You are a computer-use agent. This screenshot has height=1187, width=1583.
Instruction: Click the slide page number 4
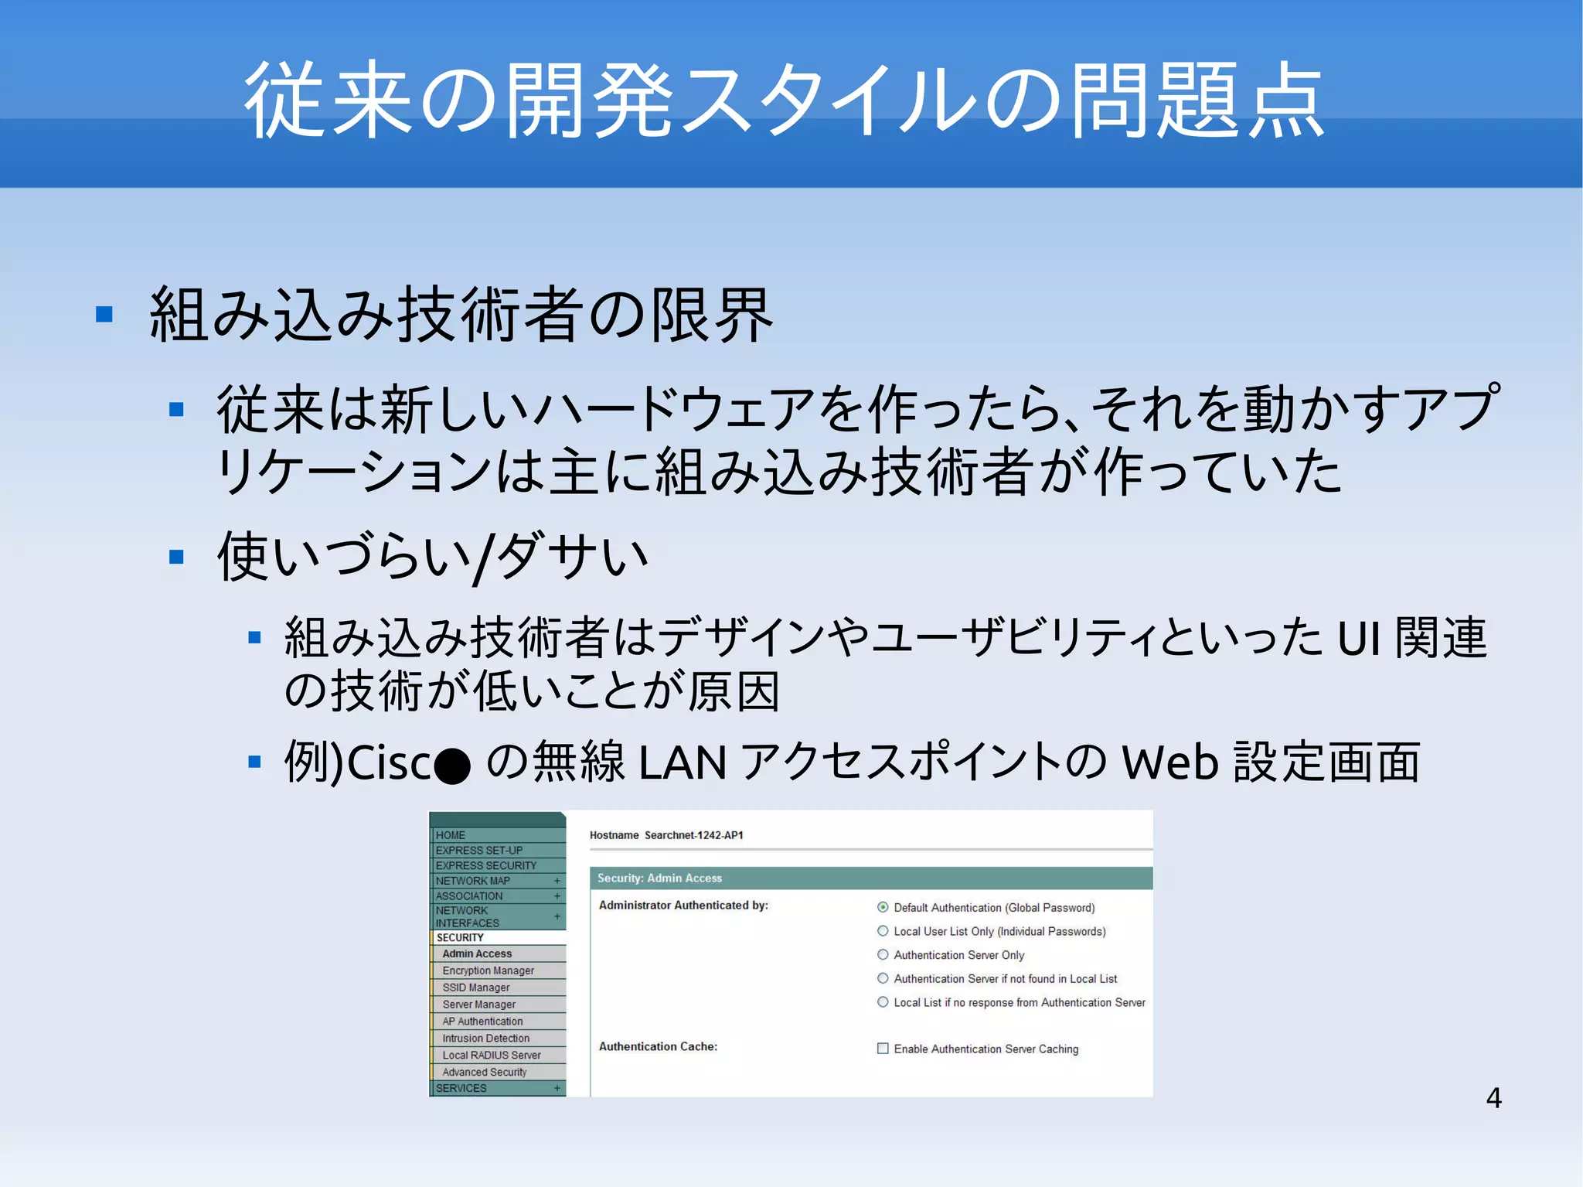point(1493,1098)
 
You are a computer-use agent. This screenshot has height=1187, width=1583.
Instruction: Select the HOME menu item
point(450,835)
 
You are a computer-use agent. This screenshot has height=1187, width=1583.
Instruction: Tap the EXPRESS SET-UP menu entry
point(478,851)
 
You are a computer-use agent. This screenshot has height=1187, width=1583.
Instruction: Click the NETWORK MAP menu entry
point(472,881)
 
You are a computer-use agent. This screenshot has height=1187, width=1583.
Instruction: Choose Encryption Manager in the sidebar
point(488,970)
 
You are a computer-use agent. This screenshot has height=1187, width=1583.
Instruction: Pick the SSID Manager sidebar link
point(475,987)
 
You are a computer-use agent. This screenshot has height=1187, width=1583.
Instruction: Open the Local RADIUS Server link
point(491,1055)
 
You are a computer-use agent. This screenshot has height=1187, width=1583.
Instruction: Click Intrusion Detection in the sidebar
point(485,1038)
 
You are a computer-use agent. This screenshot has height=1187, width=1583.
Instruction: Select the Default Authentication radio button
point(883,907)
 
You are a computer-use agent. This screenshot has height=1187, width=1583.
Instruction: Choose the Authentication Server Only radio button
point(883,955)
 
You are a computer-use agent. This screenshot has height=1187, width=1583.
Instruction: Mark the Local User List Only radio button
point(883,931)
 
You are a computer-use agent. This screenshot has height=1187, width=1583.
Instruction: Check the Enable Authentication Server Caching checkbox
point(883,1049)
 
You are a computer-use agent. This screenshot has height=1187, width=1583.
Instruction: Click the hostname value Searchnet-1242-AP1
point(693,835)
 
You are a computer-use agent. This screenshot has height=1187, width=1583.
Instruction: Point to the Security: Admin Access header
point(659,878)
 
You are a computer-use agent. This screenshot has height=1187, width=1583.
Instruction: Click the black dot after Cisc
point(452,766)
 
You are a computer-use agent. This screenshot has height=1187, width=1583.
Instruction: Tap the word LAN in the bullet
point(683,762)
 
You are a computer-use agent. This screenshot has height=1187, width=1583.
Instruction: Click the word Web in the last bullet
point(1170,762)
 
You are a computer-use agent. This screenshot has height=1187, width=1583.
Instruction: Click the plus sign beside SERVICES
point(557,1088)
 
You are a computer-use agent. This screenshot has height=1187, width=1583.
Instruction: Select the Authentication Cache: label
point(658,1046)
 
